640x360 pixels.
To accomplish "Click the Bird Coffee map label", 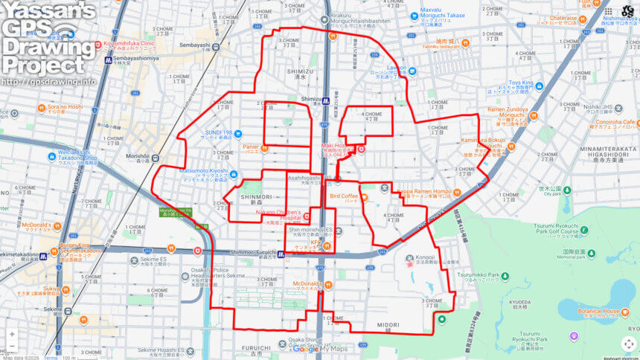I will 344,196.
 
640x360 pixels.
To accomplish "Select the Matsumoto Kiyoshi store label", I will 203,170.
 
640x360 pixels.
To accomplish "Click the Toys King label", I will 521,83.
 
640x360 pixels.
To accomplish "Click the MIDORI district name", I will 387,325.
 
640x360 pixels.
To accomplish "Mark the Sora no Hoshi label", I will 44,106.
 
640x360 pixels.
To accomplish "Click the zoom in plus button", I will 12,334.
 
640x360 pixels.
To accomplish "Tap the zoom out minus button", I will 12,347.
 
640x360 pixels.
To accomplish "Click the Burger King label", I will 74,245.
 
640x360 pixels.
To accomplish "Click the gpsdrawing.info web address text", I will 48,81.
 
